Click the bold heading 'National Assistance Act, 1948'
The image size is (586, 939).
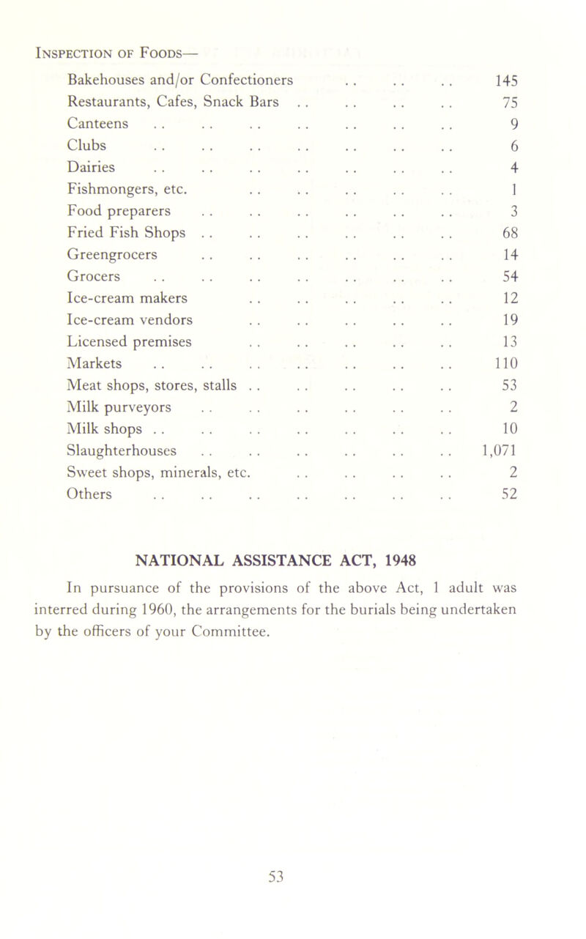coord(293,561)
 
